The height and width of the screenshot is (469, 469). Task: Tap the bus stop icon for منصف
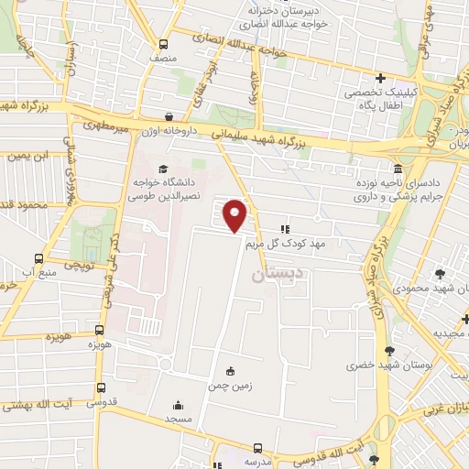coord(164,44)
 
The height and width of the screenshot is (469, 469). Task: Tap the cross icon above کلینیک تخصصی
coord(381,78)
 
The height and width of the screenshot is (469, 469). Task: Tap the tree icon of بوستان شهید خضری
coord(391,350)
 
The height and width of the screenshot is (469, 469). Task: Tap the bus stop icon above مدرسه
coord(258,448)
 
